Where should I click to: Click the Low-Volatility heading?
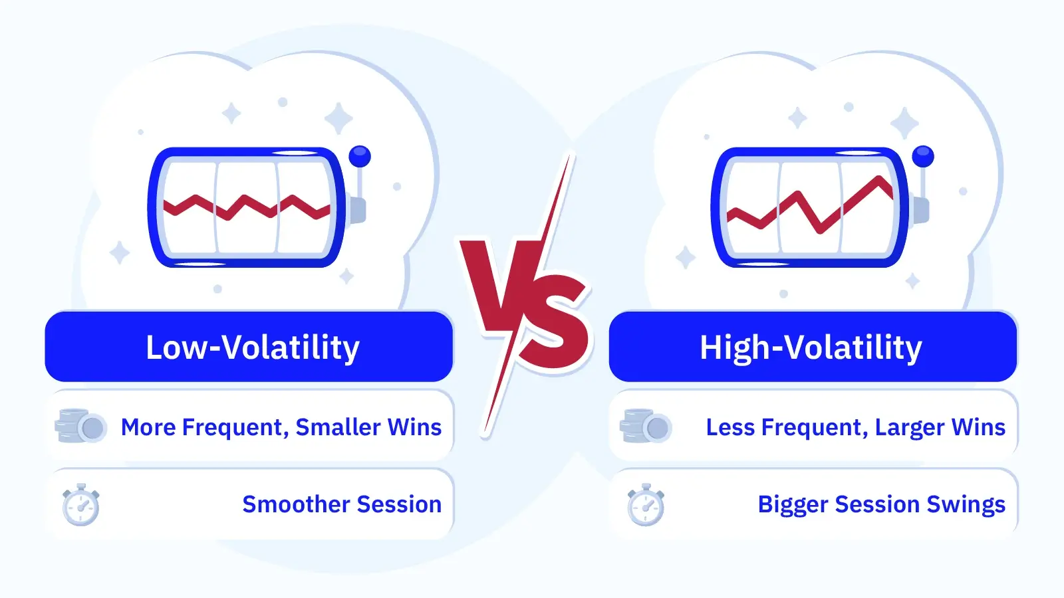pos(253,348)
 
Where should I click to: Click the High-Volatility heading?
pos(811,348)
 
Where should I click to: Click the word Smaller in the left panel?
pos(338,427)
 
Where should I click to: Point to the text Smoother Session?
pos(342,504)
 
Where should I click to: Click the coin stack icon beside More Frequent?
pos(80,426)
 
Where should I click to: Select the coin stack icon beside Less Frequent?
pos(646,426)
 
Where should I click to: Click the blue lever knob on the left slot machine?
pos(360,156)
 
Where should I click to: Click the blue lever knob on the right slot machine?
pos(923,156)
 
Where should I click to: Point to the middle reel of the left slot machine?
pos(247,207)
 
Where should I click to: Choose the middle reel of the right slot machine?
pos(810,207)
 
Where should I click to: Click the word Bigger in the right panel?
pos(793,505)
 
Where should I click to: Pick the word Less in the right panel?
pos(731,427)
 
